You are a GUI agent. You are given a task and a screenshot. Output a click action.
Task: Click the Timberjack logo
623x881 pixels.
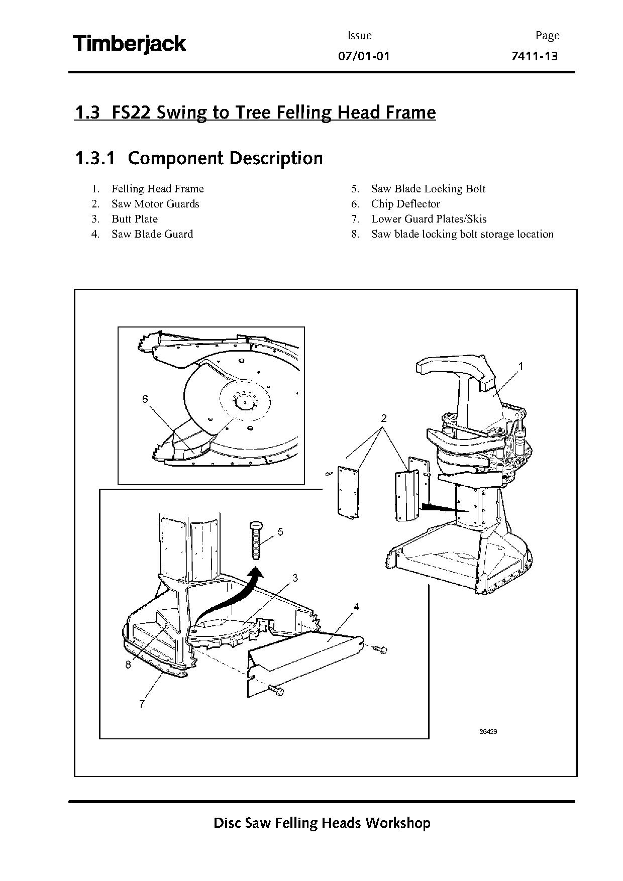coord(130,44)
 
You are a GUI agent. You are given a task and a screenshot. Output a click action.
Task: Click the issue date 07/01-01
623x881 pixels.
coord(364,56)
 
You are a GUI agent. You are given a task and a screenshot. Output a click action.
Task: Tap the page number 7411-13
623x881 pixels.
coord(534,56)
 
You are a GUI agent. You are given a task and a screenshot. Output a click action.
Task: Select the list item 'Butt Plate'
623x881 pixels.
coord(135,219)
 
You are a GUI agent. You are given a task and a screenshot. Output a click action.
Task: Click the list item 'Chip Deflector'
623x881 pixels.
coord(405,204)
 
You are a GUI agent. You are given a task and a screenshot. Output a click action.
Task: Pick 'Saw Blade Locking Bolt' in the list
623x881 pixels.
coord(428,189)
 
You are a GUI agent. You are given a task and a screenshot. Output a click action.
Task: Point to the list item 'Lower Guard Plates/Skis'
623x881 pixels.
coord(429,219)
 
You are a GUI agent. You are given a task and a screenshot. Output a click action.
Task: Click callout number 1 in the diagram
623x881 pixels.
coord(521,366)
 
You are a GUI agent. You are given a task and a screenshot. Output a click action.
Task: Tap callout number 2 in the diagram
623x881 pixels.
coord(384,418)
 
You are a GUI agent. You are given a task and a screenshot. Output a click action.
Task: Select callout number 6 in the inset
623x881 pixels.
coord(145,399)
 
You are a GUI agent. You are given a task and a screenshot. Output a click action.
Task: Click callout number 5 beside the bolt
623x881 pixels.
coord(280,531)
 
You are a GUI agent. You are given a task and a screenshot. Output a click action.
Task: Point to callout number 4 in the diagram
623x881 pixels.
coord(356,607)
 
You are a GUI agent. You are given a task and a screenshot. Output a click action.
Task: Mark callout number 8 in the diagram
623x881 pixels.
coord(128,665)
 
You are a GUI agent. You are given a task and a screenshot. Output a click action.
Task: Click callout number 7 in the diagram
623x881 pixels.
coord(142,704)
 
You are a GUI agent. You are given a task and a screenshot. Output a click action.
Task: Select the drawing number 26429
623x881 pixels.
coord(488,731)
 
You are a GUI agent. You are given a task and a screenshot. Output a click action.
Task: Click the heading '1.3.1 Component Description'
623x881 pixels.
coord(198,158)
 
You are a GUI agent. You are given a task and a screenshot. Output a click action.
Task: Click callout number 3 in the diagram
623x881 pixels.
coord(295,578)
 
